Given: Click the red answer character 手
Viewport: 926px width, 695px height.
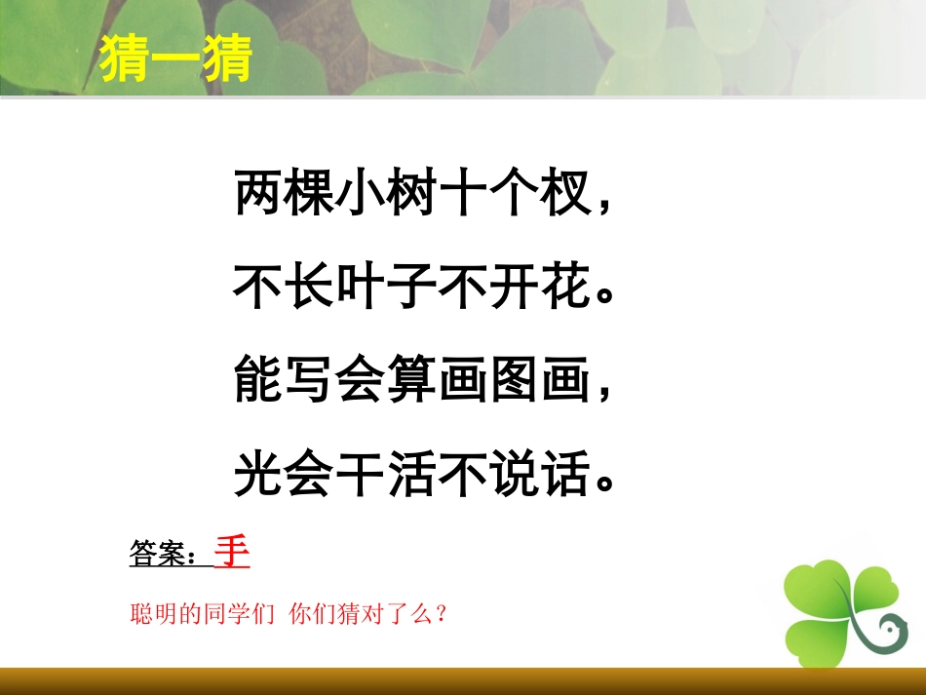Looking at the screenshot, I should [x=232, y=552].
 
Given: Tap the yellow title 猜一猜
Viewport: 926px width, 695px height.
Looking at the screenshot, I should [x=176, y=59].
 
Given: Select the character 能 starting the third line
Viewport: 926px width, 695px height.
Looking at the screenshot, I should [x=257, y=382].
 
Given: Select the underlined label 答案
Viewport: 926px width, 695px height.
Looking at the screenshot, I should [x=156, y=556].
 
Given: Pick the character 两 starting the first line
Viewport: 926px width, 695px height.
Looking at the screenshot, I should [x=257, y=195].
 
